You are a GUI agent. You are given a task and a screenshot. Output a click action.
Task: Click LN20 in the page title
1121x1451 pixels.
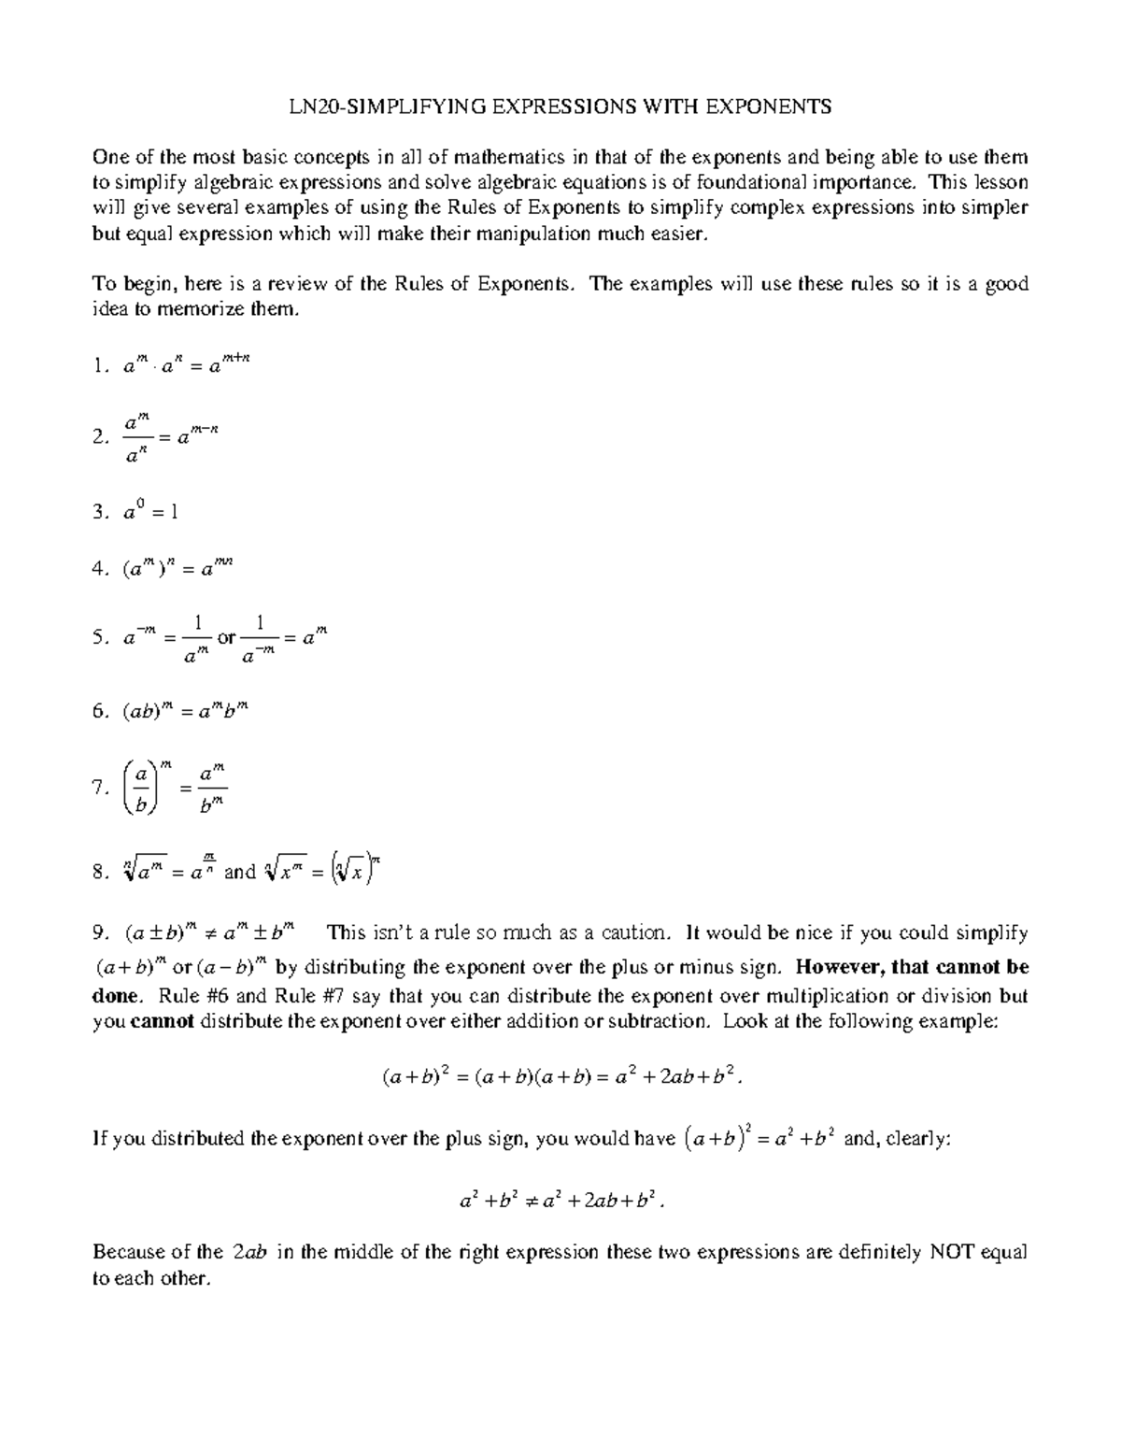point(309,107)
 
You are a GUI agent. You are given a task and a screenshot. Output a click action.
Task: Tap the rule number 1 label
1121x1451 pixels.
point(100,367)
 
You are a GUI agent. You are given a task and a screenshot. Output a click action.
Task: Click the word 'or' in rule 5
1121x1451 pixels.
point(226,638)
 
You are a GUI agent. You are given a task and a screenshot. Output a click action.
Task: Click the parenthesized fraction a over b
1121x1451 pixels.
point(141,789)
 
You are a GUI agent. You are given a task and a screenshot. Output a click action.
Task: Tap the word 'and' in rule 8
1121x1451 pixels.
point(240,872)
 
